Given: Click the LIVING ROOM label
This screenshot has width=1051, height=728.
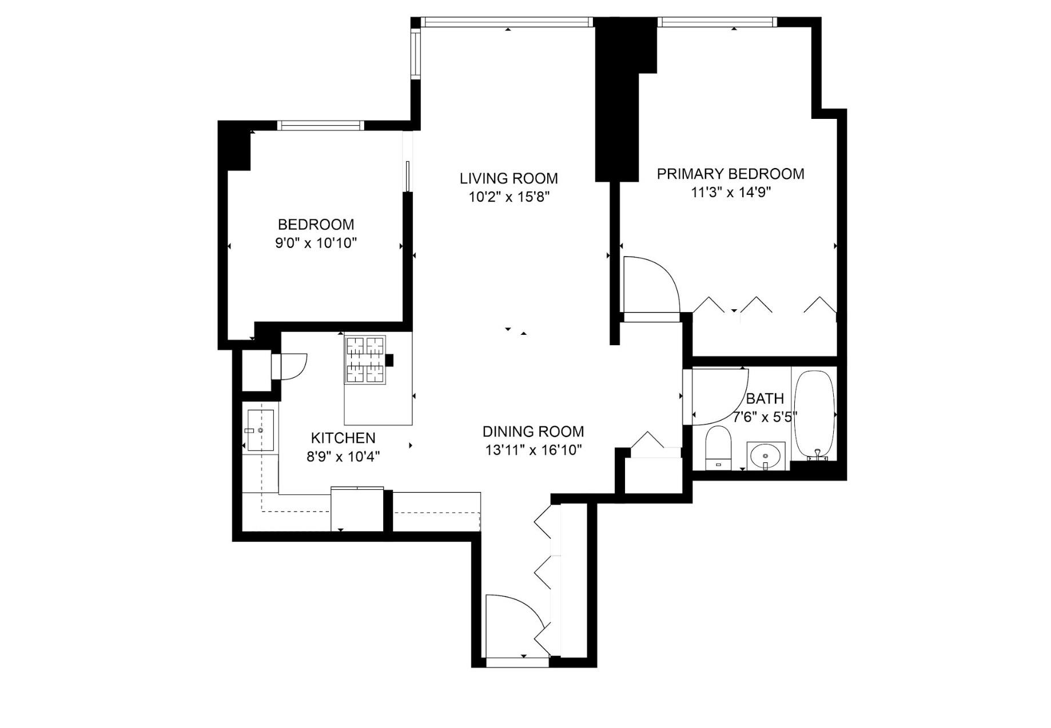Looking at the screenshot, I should [508, 178].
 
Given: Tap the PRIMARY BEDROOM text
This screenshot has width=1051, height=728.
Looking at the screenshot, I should [730, 174].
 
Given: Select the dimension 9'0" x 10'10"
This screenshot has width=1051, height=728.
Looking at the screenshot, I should [316, 243].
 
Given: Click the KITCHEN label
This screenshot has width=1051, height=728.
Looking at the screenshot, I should [343, 438].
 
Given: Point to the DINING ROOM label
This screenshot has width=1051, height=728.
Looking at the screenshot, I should [533, 431].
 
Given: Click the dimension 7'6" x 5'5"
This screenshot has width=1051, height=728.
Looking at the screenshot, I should [765, 417].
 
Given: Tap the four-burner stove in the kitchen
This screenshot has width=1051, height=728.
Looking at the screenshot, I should [364, 360].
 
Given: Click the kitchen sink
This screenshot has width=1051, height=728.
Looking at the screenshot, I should [260, 430].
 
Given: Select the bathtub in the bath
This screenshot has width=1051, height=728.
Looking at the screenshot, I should [814, 414].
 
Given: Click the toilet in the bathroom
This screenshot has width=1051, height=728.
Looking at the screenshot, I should [718, 446].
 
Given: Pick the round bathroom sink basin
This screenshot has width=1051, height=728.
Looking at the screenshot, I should [766, 456].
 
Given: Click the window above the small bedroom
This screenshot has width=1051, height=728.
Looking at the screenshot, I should [320, 126].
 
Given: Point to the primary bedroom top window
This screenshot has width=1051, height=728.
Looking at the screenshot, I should [717, 22].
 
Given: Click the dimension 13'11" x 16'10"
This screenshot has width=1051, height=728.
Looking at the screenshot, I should [533, 450].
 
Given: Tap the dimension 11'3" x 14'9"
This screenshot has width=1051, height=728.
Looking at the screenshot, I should [730, 193].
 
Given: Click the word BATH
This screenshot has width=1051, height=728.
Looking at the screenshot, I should [765, 398].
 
